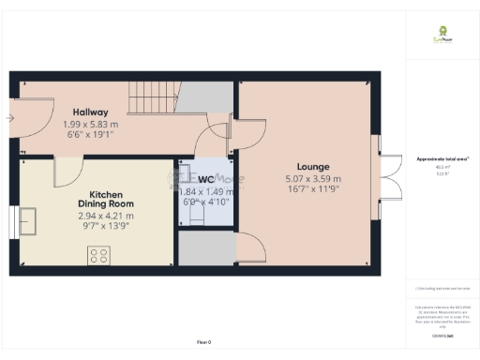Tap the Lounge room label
[x=313, y=167]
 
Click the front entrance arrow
[x=9, y=118]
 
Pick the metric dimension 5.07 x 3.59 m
[x=313, y=179]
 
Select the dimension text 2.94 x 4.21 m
[x=105, y=215]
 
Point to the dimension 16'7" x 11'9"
[x=313, y=189]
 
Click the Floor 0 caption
[x=203, y=342]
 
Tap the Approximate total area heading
[x=442, y=159]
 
